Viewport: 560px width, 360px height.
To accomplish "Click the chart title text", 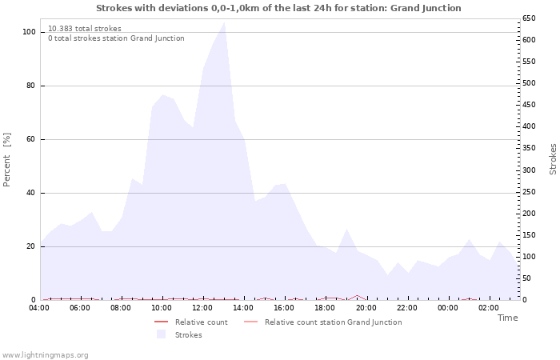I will (x=278, y=8).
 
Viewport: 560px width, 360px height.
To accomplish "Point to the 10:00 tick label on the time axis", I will (x=162, y=308).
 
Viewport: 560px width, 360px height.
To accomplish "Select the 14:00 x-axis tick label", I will (x=243, y=308).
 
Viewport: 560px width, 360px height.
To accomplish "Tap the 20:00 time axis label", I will (x=366, y=308).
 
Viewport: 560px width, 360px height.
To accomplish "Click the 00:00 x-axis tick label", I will (x=447, y=308).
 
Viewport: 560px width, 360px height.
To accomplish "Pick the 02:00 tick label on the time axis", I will (x=488, y=308).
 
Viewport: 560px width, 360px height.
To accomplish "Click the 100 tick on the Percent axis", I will (x=30, y=32).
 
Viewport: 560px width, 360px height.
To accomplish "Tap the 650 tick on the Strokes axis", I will (x=529, y=18).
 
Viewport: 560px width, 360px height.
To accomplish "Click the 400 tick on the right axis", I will (x=529, y=126).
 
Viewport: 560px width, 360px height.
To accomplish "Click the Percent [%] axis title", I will (x=7, y=160).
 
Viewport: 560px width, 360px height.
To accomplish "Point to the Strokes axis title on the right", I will (x=553, y=159).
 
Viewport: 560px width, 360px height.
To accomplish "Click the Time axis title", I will (x=507, y=318).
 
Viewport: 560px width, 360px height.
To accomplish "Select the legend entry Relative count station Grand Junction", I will (x=333, y=322).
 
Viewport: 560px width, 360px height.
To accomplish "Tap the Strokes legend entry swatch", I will (x=161, y=334).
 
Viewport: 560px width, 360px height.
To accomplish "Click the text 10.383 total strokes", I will (x=85, y=29).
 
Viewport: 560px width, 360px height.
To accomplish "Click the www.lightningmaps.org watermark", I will (x=46, y=354).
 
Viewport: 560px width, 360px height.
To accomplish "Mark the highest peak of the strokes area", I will (x=224, y=22).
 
